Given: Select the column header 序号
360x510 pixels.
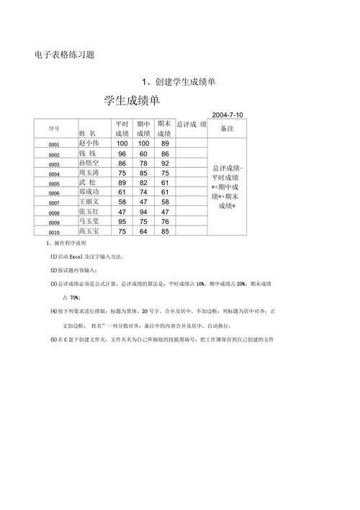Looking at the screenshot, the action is [53, 128].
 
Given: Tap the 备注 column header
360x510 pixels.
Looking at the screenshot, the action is [227, 127].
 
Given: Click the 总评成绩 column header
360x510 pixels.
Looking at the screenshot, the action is [191, 124].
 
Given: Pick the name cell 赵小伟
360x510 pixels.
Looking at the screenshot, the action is [91, 143].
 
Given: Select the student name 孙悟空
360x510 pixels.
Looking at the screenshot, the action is [91, 164].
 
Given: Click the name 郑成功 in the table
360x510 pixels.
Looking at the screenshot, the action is [91, 192].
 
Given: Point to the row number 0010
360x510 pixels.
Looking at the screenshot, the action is [53, 233].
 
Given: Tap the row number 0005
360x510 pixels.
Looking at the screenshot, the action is [53, 184].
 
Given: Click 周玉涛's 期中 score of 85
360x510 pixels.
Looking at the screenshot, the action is [144, 174].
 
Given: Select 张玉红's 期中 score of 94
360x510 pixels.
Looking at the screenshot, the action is [144, 212].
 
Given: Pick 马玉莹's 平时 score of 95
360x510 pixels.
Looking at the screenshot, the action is [122, 222].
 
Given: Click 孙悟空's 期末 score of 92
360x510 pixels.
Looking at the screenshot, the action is [166, 164].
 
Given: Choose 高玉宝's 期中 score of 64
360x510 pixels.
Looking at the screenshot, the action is [144, 232].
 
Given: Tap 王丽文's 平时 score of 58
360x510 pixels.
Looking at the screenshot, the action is [122, 202].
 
